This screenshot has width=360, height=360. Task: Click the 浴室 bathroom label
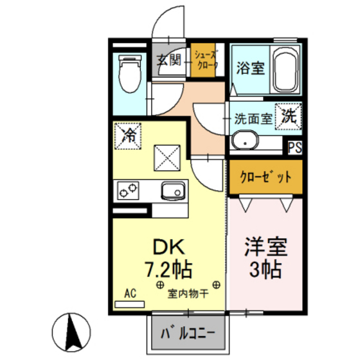[251, 66]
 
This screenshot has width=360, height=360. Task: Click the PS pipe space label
[294, 147]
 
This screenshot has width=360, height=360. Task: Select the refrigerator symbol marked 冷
[129, 134]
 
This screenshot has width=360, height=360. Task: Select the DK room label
[170, 247]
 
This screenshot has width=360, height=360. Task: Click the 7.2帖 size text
[170, 267]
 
